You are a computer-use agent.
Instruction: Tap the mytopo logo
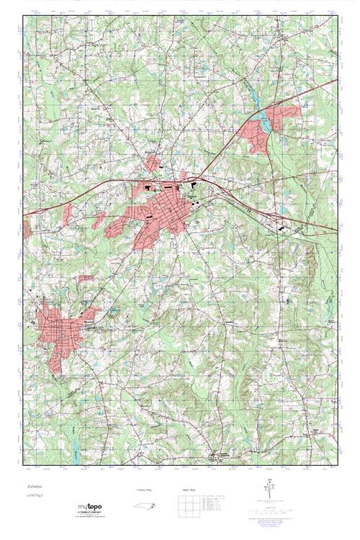point(89,507)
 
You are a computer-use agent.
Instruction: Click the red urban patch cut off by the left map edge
point(27,230)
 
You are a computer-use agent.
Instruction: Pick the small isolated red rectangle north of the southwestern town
point(86,278)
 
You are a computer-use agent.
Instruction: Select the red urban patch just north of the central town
point(153,163)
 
